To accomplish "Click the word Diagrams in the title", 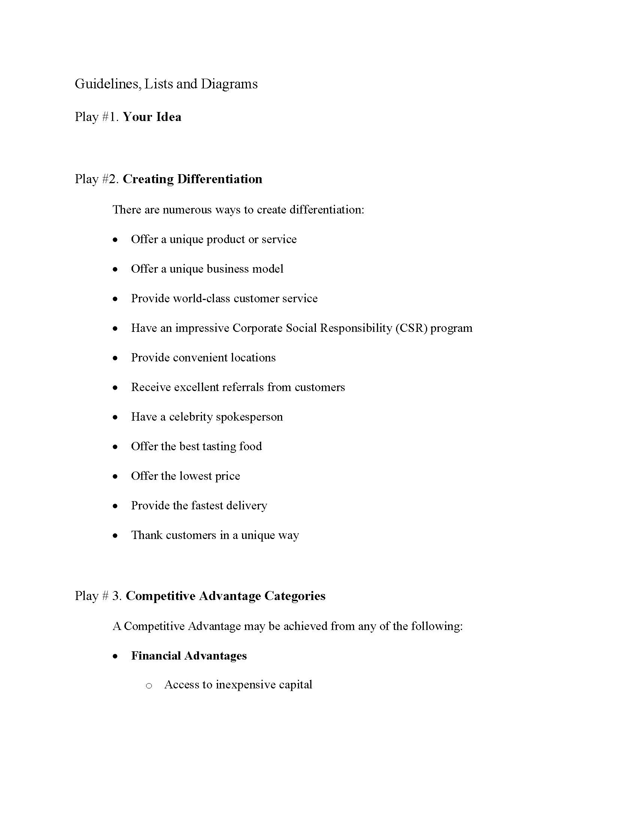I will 229,84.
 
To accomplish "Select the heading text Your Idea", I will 152,117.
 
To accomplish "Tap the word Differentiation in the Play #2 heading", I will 220,179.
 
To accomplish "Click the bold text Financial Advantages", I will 189,656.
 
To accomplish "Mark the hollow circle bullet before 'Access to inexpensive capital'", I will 149,685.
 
